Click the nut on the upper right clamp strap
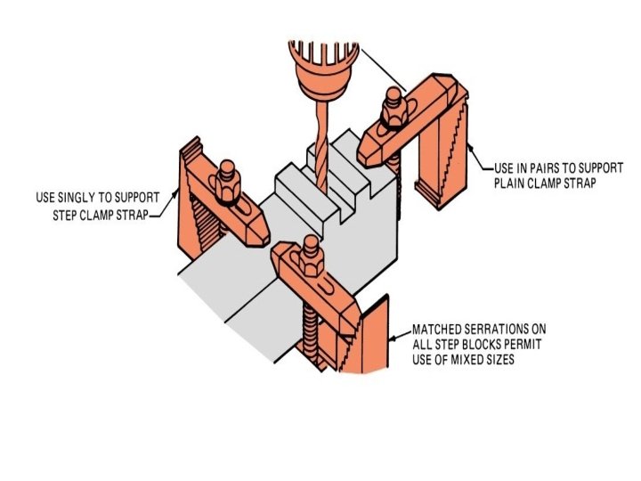(x=393, y=112)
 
